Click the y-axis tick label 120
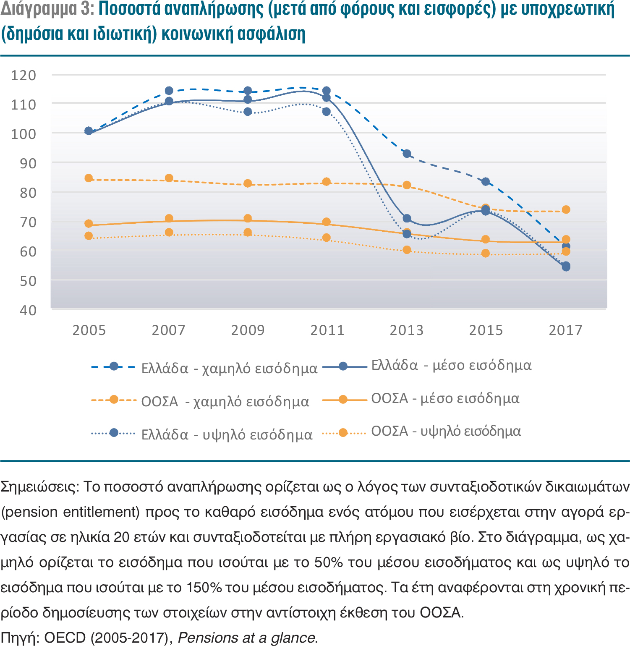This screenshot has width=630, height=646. click(x=24, y=76)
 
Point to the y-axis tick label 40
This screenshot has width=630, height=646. click(x=28, y=311)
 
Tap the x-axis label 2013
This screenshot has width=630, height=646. click(x=406, y=330)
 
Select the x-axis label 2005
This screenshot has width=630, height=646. click(x=89, y=330)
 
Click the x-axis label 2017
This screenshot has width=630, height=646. click(x=565, y=330)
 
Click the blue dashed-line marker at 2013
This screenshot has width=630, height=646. click(x=407, y=154)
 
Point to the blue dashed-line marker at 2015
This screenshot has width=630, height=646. click(x=486, y=182)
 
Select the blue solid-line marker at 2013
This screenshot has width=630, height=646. click(x=407, y=218)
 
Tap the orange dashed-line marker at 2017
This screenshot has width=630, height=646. click(x=566, y=209)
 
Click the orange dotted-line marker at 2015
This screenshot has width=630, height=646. click(x=486, y=253)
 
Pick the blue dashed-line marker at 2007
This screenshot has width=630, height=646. click(x=169, y=91)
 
